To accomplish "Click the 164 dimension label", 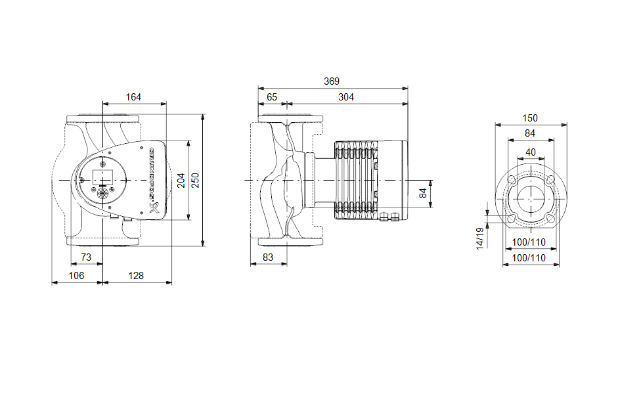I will coord(133,97).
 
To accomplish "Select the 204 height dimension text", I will coord(181,180).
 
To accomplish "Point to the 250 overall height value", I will coord(195,180).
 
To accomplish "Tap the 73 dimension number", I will coord(85,256).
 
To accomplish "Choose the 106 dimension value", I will coord(77,276).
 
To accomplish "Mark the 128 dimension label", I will coord(136,276).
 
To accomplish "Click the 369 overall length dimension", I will coord(332,81).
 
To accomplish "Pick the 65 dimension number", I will coord(271,97).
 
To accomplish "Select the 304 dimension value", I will coord(346,97).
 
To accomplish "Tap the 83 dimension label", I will coord(268,257).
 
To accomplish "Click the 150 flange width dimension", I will coord(530,118).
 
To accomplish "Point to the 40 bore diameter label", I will coord(531,152).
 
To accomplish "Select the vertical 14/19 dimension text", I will coord(480,238).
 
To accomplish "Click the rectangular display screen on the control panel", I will coord(102,177).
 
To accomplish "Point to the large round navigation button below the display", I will coord(103,194).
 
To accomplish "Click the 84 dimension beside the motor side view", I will coord(424,192).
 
